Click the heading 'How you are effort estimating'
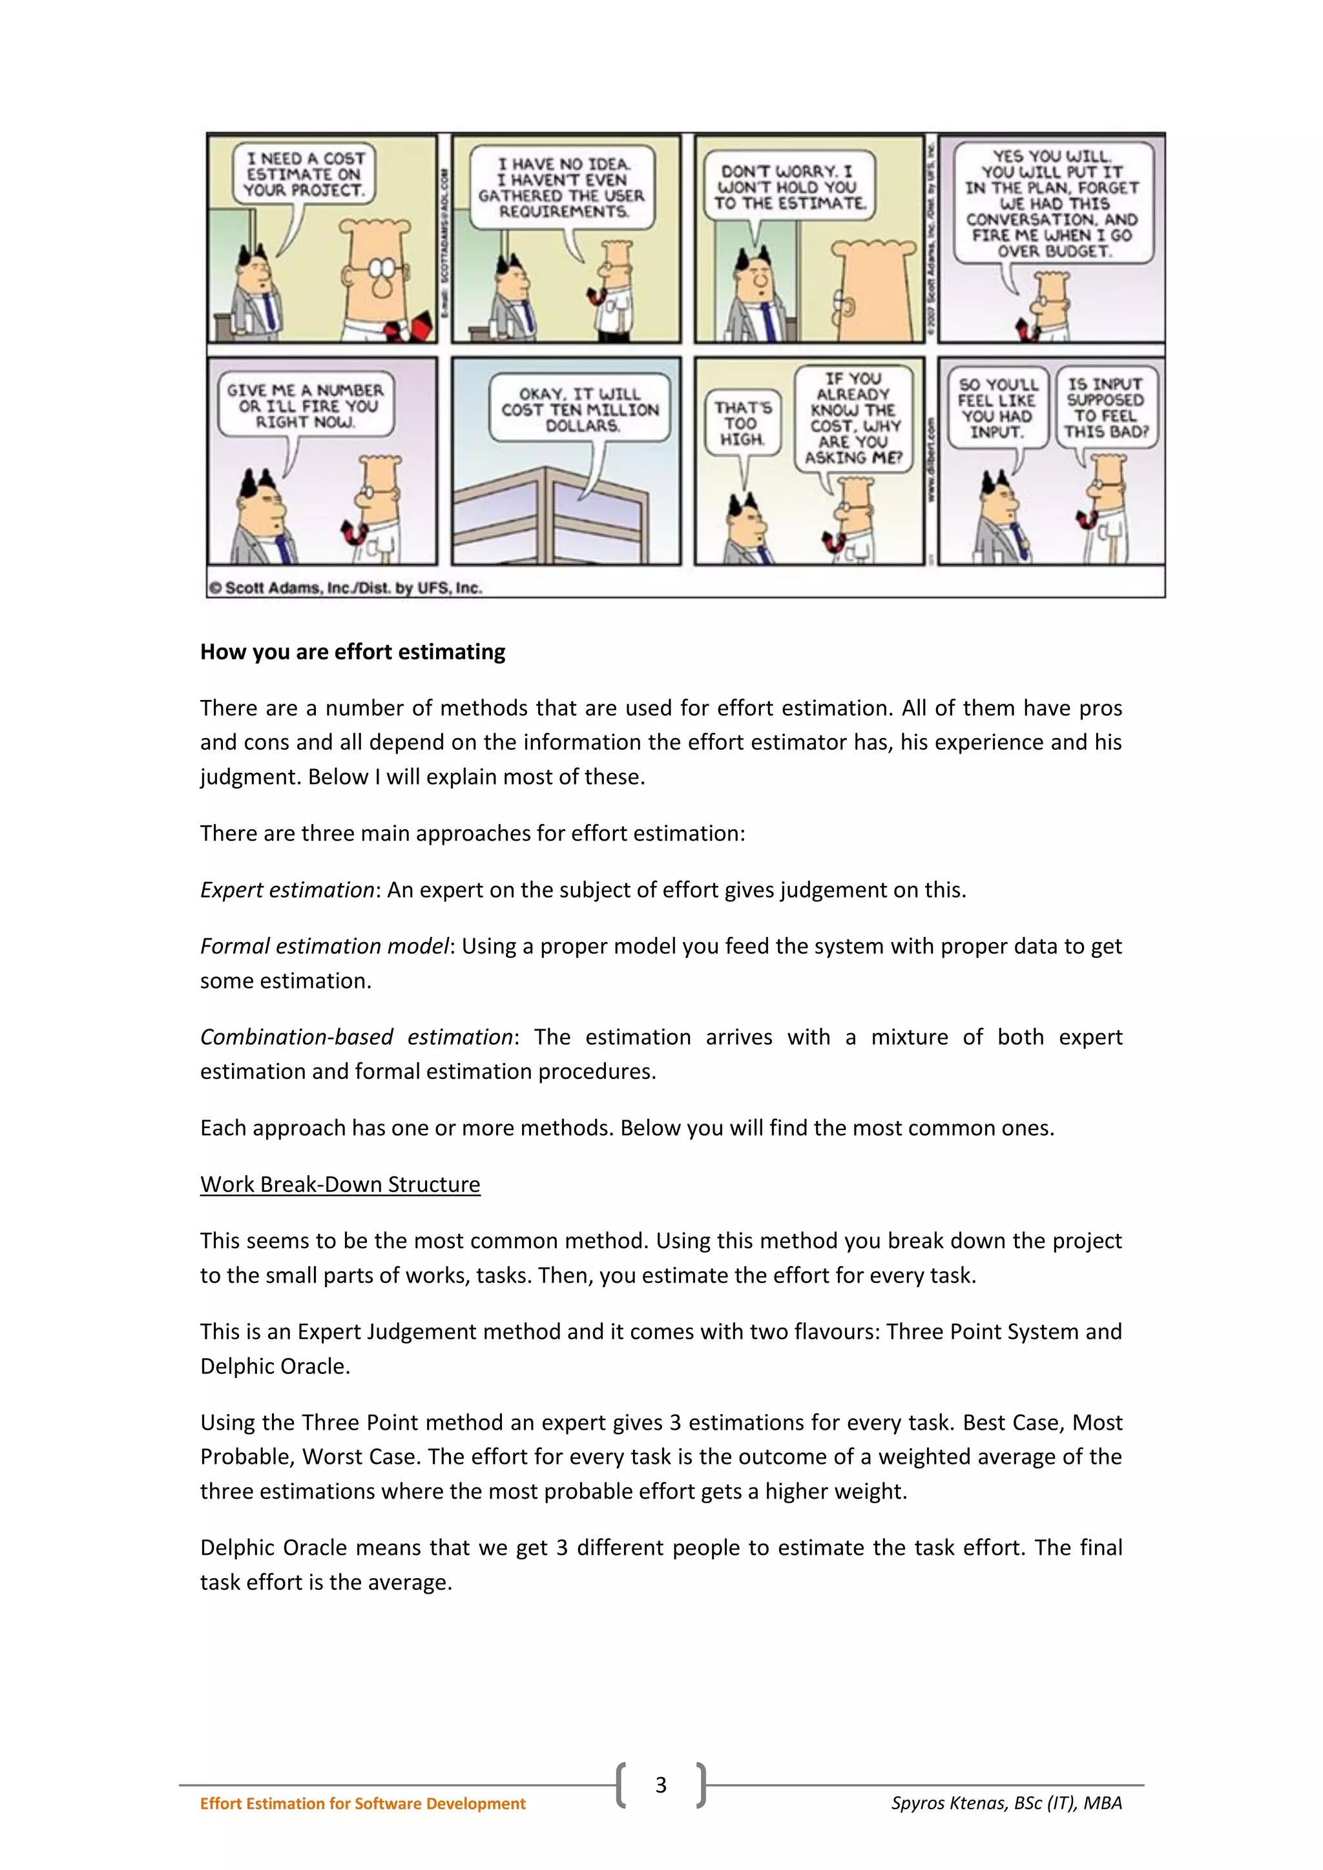[352, 652]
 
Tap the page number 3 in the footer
[661, 1785]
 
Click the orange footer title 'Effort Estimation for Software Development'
[362, 1803]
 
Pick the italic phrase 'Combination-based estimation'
[356, 1037]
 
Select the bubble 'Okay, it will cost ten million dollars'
[580, 409]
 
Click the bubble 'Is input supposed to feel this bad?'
[1105, 407]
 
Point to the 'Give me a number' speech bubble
[305, 406]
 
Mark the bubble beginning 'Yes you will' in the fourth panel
[1052, 203]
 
